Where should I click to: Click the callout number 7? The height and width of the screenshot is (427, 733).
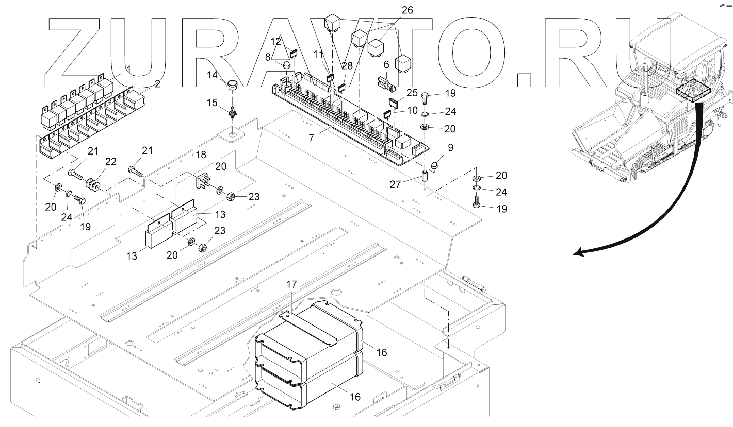pyautogui.click(x=311, y=138)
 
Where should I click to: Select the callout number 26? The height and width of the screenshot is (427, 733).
pyautogui.click(x=408, y=10)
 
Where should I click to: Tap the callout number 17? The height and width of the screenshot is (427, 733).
pyautogui.click(x=291, y=284)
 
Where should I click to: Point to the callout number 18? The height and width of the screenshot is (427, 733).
pyautogui.click(x=201, y=155)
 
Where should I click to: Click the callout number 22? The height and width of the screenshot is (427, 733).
pyautogui.click(x=110, y=162)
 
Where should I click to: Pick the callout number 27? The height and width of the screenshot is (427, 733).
pyautogui.click(x=395, y=184)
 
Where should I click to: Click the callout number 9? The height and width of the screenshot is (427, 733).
pyautogui.click(x=451, y=147)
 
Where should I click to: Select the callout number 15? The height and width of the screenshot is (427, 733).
pyautogui.click(x=212, y=103)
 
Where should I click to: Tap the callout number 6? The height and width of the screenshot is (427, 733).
pyautogui.click(x=386, y=65)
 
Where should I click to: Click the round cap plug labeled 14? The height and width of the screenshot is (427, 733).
pyautogui.click(x=232, y=85)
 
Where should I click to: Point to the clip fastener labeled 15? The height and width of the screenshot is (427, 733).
pyautogui.click(x=232, y=112)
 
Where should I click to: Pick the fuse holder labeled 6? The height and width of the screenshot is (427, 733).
pyautogui.click(x=386, y=84)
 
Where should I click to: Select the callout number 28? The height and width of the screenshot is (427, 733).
pyautogui.click(x=347, y=66)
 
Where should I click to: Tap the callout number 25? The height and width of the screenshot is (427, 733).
pyautogui.click(x=412, y=93)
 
